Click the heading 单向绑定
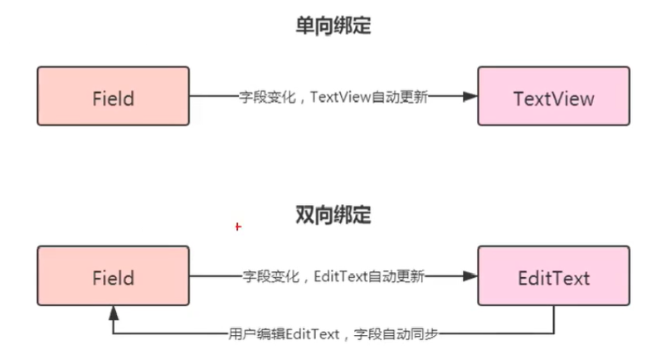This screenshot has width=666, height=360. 333,27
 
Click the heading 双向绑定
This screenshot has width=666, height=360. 333,216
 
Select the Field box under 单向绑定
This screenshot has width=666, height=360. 113,96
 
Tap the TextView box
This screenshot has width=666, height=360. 553,96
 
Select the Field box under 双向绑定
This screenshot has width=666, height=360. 113,276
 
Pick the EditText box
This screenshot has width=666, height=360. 553,276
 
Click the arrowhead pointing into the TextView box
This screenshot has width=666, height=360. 470,96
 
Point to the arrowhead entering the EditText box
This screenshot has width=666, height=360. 470,276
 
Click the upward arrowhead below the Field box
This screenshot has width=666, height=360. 113,314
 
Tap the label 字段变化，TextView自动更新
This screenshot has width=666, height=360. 333,96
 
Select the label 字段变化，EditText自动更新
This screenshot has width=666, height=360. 333,276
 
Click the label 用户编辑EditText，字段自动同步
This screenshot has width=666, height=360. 333,334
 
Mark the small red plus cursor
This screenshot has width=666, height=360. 237,226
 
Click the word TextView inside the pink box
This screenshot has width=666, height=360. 553,98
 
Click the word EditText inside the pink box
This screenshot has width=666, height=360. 553,277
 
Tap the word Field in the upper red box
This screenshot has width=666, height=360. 113,98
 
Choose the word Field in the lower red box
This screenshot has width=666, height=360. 113,277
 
